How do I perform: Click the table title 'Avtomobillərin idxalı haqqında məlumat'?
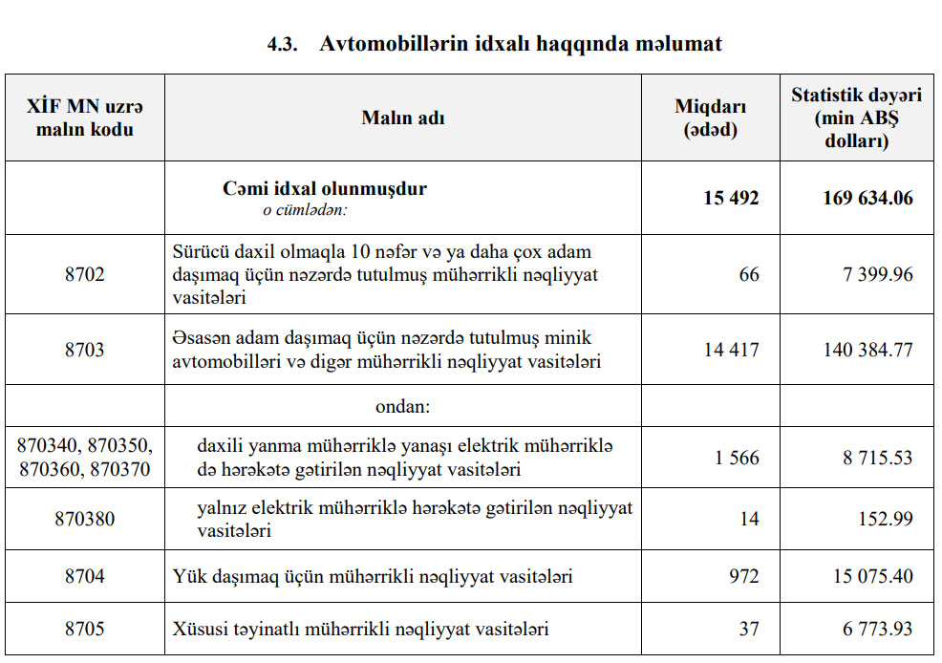[x=521, y=44]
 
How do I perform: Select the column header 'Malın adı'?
[x=402, y=118]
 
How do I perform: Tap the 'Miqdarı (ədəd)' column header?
[x=711, y=118]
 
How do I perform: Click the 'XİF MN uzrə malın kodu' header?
[x=85, y=118]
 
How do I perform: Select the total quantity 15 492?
[x=731, y=199]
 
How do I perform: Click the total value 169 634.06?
[x=867, y=199]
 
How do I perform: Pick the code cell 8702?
[x=85, y=275]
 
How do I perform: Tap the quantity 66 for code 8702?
[x=749, y=275]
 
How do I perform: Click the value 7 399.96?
[x=878, y=275]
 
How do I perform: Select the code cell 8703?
[x=85, y=350]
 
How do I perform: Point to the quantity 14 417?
[x=732, y=350]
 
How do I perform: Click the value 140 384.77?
[x=867, y=350]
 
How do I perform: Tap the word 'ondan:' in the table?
[x=402, y=407]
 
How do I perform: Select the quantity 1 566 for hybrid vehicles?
[x=737, y=459]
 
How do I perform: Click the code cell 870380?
[x=85, y=520]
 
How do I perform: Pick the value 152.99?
[x=888, y=520]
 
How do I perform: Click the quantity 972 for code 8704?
[x=743, y=577]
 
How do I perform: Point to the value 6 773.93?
[x=878, y=630]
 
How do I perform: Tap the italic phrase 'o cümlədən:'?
[x=305, y=210]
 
